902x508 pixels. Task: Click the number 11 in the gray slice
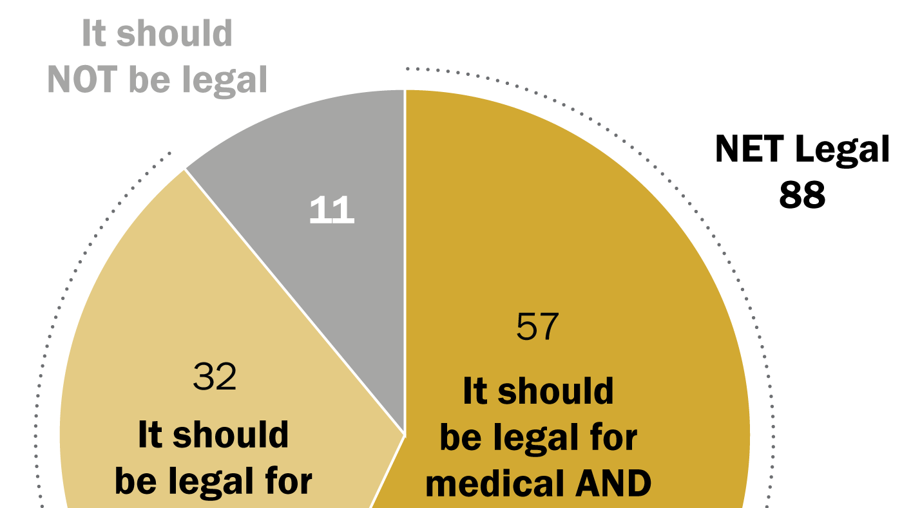click(332, 211)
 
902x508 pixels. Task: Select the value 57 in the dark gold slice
click(537, 326)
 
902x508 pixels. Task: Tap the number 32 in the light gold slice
click(215, 377)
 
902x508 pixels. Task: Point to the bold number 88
click(802, 194)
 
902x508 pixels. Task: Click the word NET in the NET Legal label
click(751, 150)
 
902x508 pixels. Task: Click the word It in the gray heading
click(93, 33)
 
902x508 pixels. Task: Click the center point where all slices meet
click(405, 435)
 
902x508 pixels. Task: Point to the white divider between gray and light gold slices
click(293, 299)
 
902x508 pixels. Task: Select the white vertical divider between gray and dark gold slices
click(405, 258)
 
